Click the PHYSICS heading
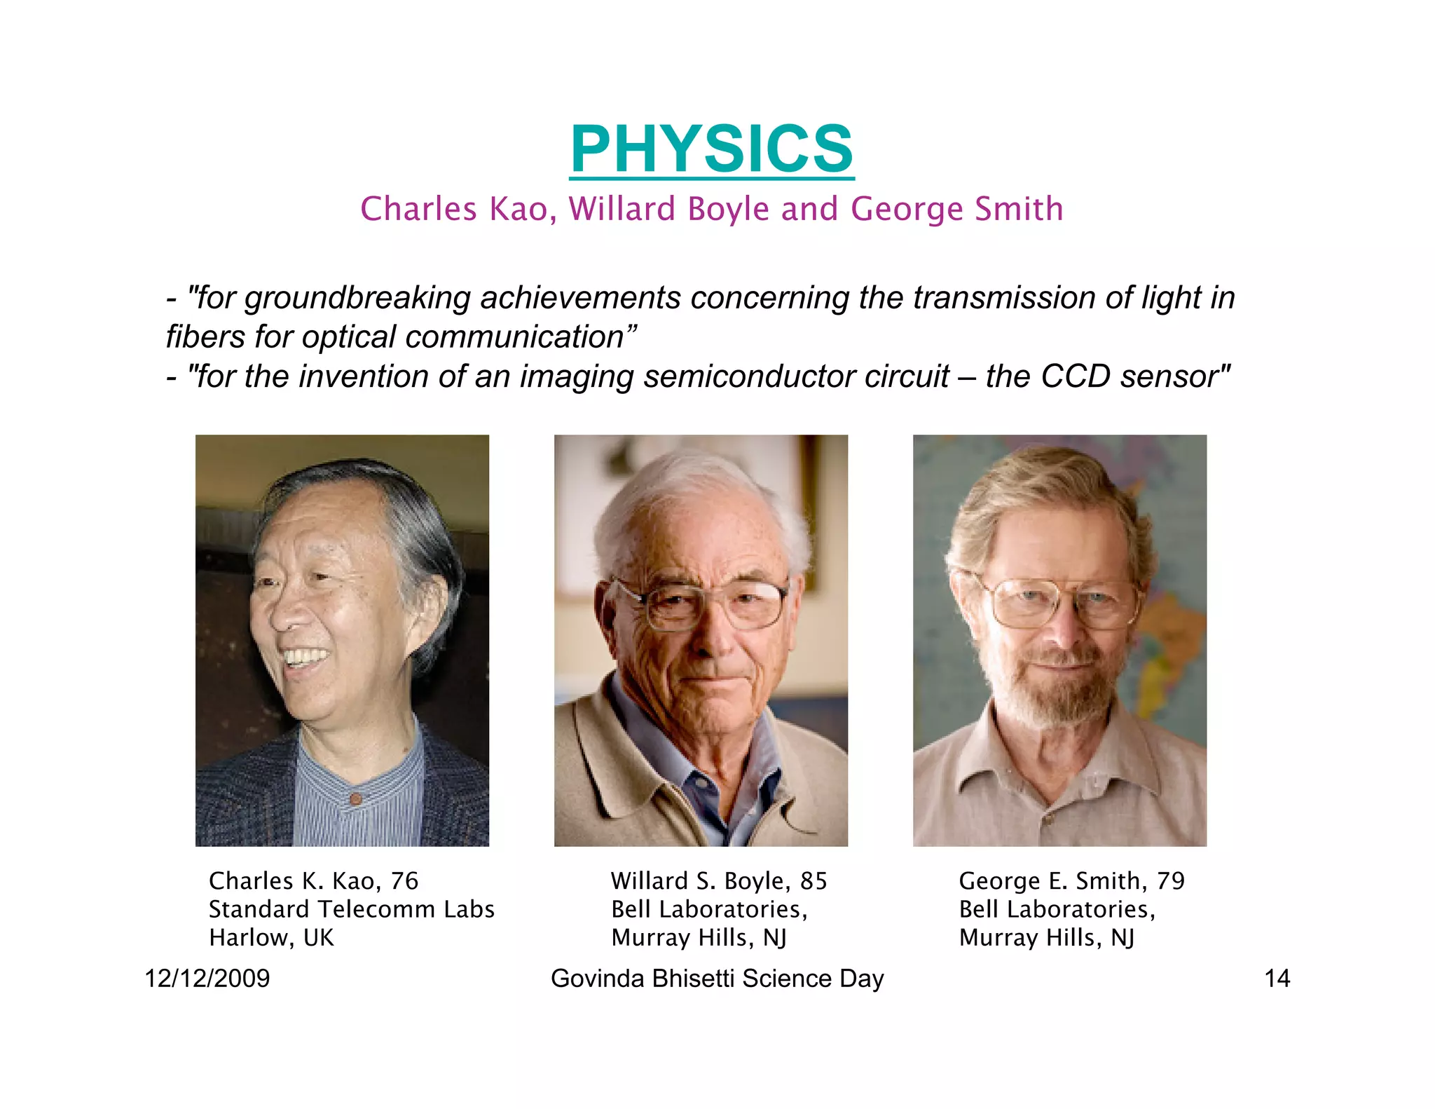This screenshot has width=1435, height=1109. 712,149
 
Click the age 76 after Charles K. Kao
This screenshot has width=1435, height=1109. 404,880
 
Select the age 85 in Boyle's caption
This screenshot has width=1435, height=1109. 813,880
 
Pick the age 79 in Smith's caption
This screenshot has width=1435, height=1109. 1170,880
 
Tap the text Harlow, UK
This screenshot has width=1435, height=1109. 271,937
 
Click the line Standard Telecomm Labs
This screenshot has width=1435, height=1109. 352,909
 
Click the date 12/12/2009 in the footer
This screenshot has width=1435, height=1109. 207,978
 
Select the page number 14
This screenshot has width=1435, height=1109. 1277,978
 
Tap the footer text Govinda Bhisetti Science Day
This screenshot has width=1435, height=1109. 717,978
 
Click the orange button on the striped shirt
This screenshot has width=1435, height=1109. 355,798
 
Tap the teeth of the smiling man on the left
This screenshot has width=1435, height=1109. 305,658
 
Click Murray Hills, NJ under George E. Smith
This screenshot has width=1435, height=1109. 1047,937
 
